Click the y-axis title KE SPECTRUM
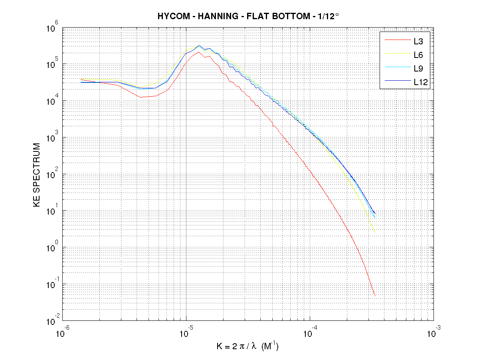pyautogui.click(x=37, y=175)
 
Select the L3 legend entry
pyautogui.click(x=418, y=40)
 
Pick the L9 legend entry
pyautogui.click(x=418, y=68)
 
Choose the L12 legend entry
pyautogui.click(x=420, y=83)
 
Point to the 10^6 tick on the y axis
pyautogui.click(x=53, y=29)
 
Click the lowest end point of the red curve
pyautogui.click(x=375, y=296)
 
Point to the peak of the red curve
pyautogui.click(x=199, y=52)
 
